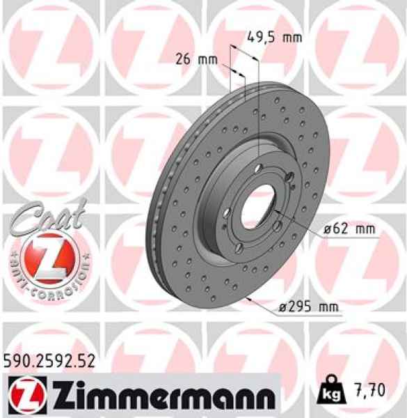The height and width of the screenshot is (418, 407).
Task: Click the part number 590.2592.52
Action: [43, 360]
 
